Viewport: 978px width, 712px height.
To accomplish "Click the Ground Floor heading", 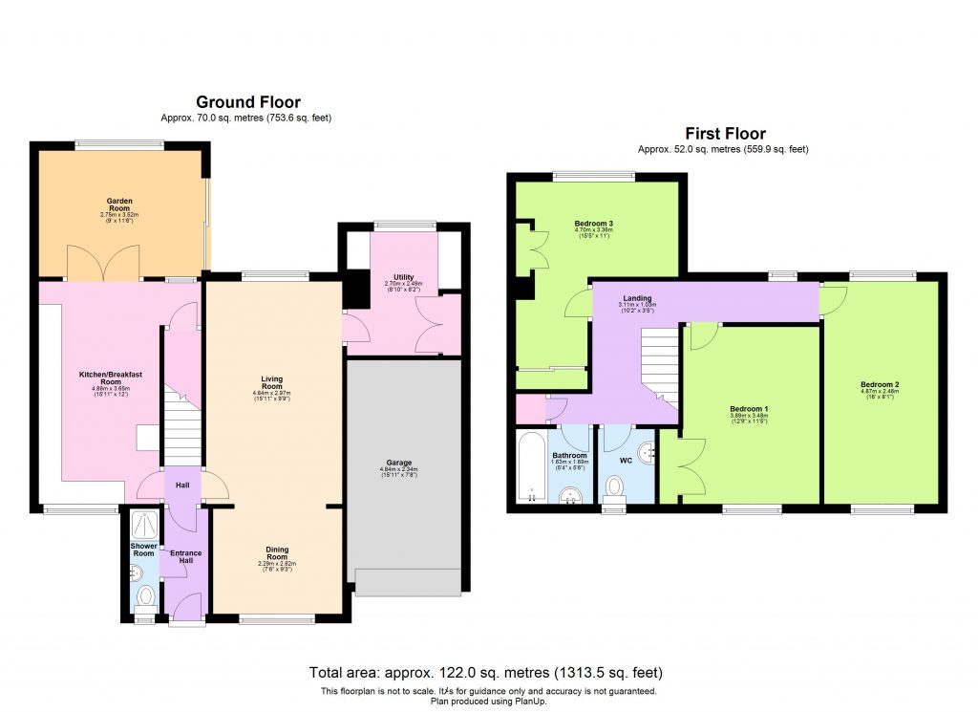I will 248,102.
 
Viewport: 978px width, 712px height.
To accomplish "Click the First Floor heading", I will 725,134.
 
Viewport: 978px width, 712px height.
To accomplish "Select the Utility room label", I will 403,278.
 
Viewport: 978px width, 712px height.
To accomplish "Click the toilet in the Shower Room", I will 145,596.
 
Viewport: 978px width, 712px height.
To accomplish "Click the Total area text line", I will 485,673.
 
